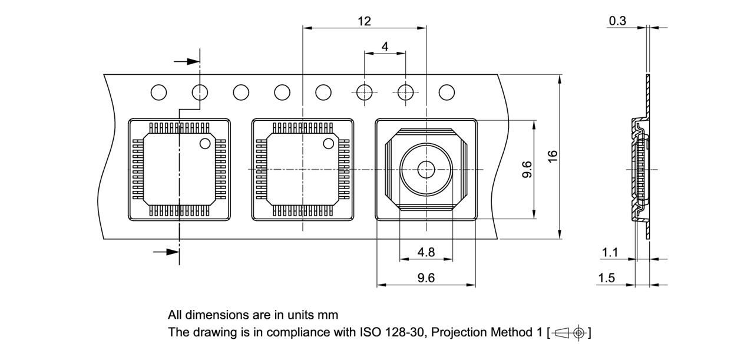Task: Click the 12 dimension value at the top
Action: point(364,21)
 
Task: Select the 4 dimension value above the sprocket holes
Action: point(385,47)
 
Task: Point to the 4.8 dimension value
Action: point(426,252)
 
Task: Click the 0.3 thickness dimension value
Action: point(617,21)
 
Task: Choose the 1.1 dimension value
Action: point(610,253)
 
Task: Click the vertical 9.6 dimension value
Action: point(527,169)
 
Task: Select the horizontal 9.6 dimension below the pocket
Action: point(426,278)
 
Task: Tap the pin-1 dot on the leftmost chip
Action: point(205,143)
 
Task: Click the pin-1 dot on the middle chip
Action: point(328,143)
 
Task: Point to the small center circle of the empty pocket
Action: point(425,170)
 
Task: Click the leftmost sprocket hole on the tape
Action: point(158,93)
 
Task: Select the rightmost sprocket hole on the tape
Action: point(447,93)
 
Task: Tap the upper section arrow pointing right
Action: point(187,61)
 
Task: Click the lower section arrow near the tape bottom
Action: point(167,252)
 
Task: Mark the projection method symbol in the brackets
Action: point(569,332)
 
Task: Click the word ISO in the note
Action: point(369,332)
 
